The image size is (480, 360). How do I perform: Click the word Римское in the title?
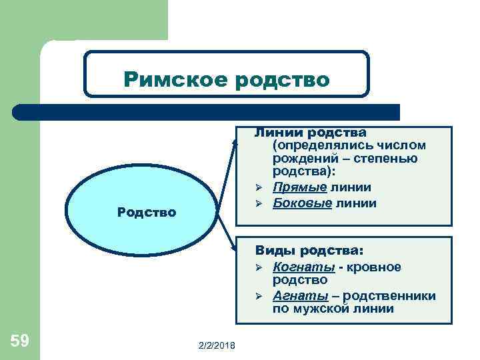pos(175,80)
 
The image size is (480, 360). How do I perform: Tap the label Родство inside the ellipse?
pos(146,213)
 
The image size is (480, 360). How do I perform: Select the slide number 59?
pos(20,341)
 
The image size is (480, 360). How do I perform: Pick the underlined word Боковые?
pos(302,203)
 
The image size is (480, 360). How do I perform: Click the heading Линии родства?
pos(311,133)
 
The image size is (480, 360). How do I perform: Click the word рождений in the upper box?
pos(303,159)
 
